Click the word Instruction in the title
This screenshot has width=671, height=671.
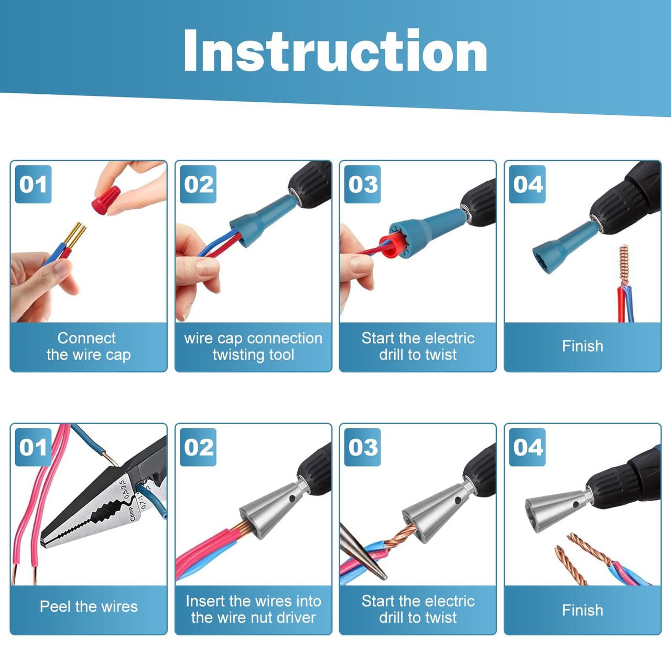coord(335,51)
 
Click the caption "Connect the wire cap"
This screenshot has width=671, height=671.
coord(89,347)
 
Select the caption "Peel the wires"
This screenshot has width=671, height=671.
coord(89,607)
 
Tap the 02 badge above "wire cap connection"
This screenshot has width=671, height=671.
coord(198,184)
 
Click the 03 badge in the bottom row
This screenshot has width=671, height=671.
coord(362,448)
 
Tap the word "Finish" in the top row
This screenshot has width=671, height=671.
coord(582,346)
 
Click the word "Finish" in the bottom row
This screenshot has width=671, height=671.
coord(582,610)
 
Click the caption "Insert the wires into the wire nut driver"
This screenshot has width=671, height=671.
coord(253,609)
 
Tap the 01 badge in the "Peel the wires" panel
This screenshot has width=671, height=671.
coord(33,448)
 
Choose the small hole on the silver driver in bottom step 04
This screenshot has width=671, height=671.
coord(576,504)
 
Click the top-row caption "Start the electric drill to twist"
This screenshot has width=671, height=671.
coord(417,347)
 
